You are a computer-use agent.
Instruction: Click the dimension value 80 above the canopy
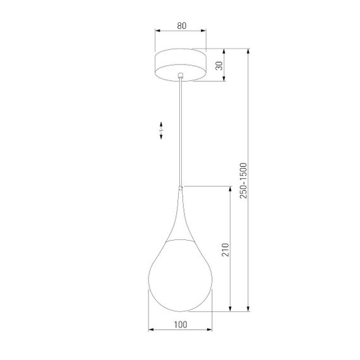(181, 26)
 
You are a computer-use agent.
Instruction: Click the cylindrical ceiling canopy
(181, 65)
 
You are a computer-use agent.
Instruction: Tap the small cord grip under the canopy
(181, 76)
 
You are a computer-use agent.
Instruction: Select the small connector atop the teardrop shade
(181, 188)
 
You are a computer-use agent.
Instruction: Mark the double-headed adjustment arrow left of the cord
(161, 130)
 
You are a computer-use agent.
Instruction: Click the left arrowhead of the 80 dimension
(158, 31)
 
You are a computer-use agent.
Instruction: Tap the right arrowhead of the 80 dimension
(205, 31)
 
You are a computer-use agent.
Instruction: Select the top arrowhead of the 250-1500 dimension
(249, 51)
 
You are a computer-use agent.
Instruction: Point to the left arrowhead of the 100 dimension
(150, 330)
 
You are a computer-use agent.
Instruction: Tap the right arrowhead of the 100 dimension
(211, 330)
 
